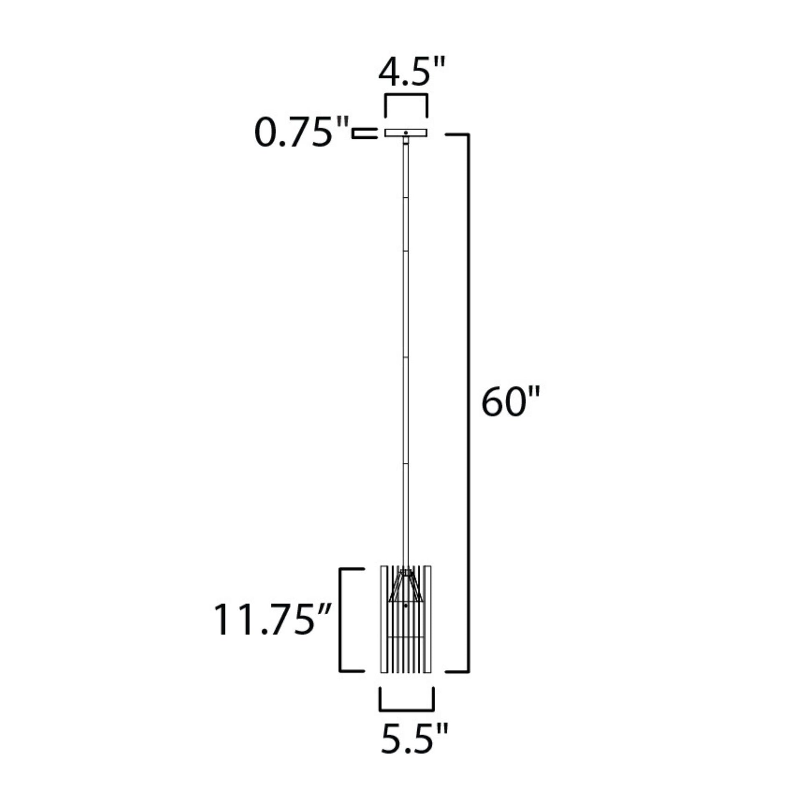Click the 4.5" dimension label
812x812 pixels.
[x=411, y=72]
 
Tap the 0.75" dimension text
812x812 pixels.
[x=301, y=133]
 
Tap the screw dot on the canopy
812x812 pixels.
[x=406, y=133]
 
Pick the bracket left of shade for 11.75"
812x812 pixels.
[x=340, y=620]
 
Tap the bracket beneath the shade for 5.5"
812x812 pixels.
[x=406, y=710]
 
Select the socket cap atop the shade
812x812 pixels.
[x=406, y=572]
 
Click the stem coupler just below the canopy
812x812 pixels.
[x=406, y=140]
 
